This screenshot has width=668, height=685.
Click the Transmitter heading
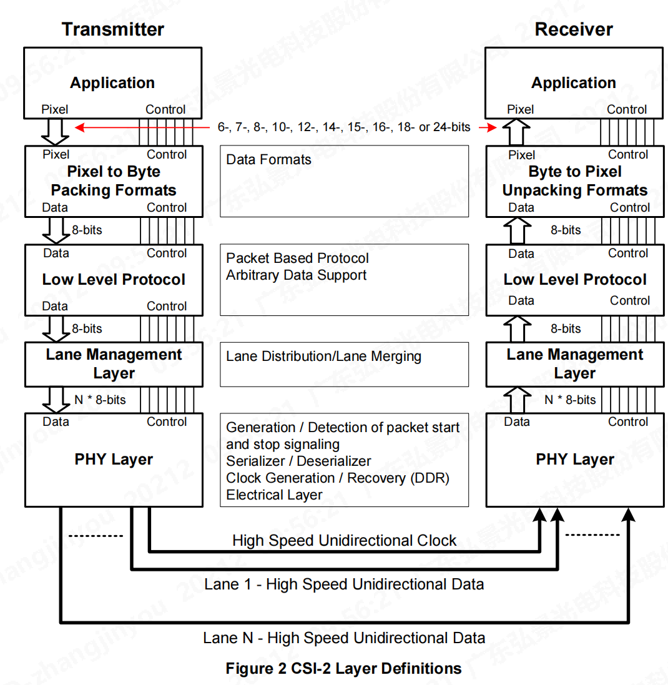pyautogui.click(x=113, y=29)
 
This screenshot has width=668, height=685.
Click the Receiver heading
pyautogui.click(x=574, y=29)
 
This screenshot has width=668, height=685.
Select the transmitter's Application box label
pyautogui.click(x=112, y=83)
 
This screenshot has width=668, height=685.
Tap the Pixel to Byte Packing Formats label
pyautogui.click(x=114, y=181)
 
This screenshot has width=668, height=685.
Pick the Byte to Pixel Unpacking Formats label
pyautogui.click(x=575, y=181)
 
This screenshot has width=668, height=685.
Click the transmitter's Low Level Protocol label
pyautogui.click(x=114, y=280)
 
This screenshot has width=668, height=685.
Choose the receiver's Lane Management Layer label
pyautogui.click(x=575, y=363)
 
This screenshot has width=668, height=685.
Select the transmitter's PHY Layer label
pyautogui.click(x=114, y=460)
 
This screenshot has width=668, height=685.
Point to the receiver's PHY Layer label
pyautogui.click(x=575, y=460)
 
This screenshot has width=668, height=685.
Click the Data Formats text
pyautogui.click(x=268, y=160)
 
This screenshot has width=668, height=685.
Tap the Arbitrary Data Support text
pyautogui.click(x=296, y=275)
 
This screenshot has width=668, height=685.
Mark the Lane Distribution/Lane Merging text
pyautogui.click(x=323, y=357)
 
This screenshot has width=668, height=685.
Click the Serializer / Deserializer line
pyautogui.click(x=298, y=461)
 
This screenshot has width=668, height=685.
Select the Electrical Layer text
pyautogui.click(x=274, y=495)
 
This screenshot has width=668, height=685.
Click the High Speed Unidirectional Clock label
pyautogui.click(x=344, y=541)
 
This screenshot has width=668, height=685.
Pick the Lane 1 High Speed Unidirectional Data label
pyautogui.click(x=344, y=584)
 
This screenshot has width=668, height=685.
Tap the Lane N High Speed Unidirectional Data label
pyautogui.click(x=344, y=638)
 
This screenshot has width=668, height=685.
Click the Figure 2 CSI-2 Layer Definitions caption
pyautogui.click(x=343, y=669)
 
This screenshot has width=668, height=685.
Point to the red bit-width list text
pyautogui.click(x=344, y=127)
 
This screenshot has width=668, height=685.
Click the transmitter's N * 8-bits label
pyautogui.click(x=99, y=400)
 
